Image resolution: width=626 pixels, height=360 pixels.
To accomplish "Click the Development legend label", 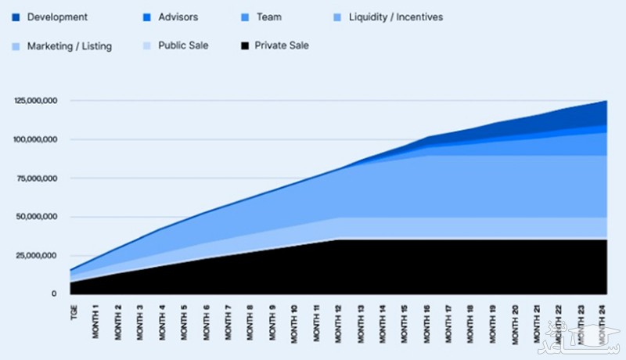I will [57, 16].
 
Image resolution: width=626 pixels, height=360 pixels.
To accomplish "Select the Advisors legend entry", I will [178, 16].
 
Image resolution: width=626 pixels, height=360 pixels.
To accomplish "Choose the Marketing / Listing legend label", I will [70, 46].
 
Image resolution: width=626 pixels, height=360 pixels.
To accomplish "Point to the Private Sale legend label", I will [282, 45].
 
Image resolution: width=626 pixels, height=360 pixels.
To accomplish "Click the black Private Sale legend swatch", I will [244, 45].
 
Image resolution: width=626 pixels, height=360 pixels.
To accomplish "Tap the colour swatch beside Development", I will [16, 16].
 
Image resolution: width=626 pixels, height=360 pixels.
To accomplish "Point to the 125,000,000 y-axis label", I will [35, 101].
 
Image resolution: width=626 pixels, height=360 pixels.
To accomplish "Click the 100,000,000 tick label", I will [35, 139].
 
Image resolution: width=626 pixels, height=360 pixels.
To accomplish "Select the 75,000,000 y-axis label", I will [37, 178].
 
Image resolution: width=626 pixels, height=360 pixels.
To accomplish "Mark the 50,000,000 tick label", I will [37, 217].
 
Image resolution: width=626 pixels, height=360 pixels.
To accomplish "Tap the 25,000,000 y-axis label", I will [37, 255].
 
